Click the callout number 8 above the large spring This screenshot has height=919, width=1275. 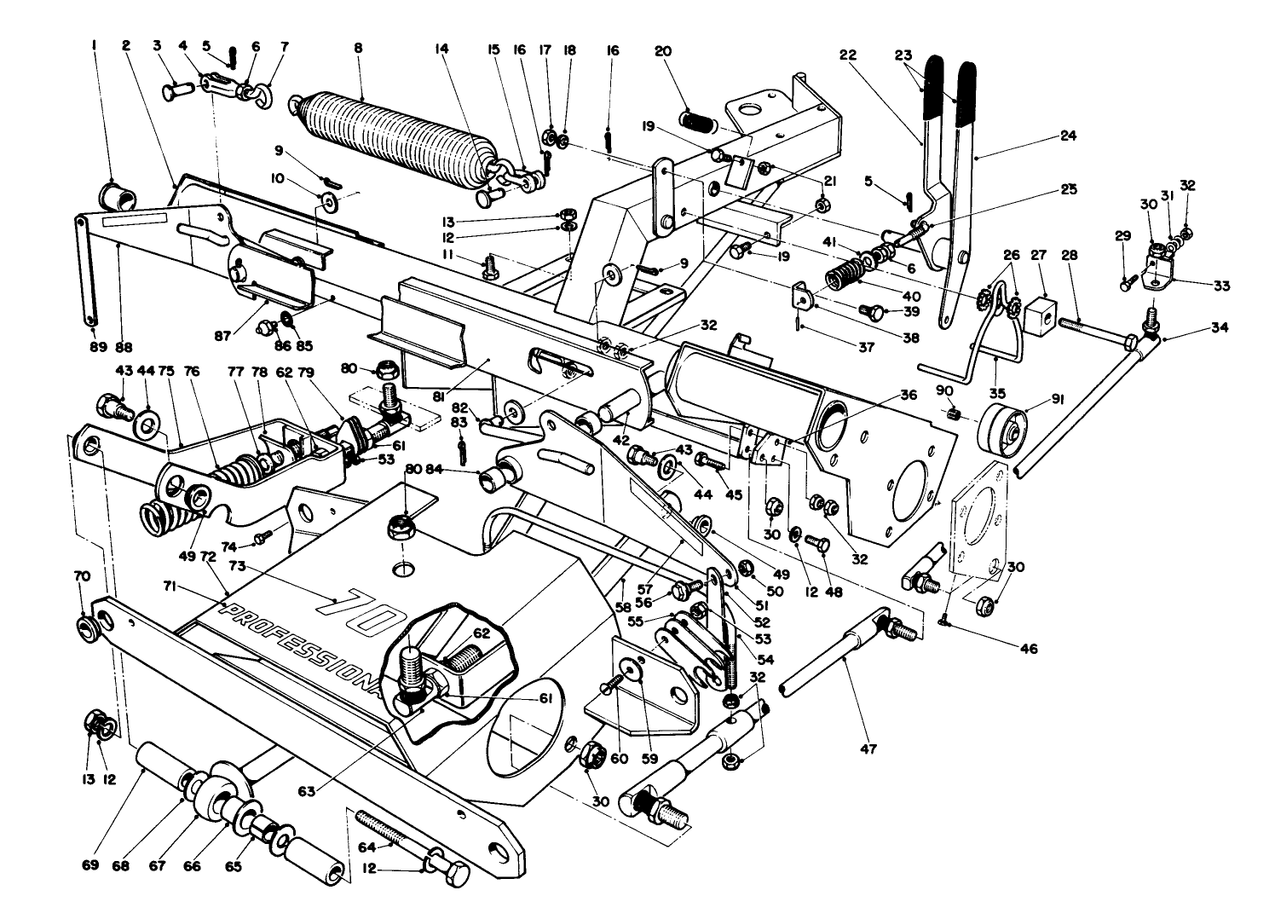point(358,49)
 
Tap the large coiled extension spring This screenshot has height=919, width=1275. point(392,136)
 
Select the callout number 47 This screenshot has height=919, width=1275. point(868,749)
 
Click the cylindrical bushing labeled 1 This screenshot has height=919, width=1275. point(117,197)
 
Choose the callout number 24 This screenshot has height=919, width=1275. point(1068,135)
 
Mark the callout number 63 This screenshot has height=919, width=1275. point(308,791)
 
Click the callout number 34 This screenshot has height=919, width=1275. point(1220,327)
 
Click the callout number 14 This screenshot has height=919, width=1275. point(441,49)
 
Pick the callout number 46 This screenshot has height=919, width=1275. point(1029,649)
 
